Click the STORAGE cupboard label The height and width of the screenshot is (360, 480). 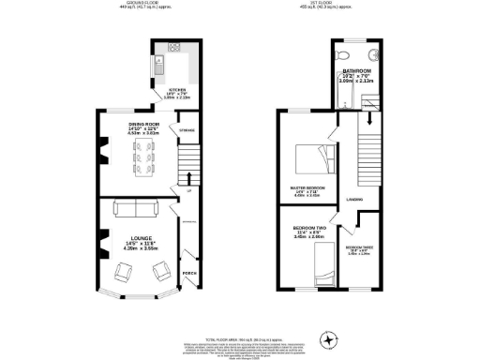[187, 129]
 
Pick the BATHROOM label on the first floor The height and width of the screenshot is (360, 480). [355, 71]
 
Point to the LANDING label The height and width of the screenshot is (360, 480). [354, 199]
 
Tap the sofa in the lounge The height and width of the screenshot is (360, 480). [130, 207]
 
